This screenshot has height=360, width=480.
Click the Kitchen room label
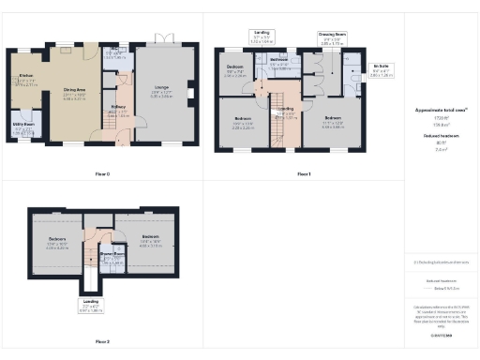pos(25,78)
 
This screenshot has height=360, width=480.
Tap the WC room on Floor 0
pos(113,53)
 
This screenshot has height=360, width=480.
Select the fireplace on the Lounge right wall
pos(190,93)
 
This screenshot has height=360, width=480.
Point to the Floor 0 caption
pos(103,173)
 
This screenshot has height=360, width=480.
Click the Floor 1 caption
pos(303,173)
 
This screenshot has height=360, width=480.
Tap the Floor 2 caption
pos(103,341)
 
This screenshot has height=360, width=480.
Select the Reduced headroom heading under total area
pos(440,135)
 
